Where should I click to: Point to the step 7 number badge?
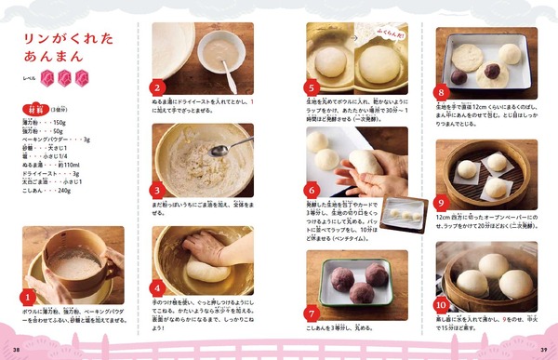(x=312, y=313)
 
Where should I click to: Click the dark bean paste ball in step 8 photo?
(x=459, y=75)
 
